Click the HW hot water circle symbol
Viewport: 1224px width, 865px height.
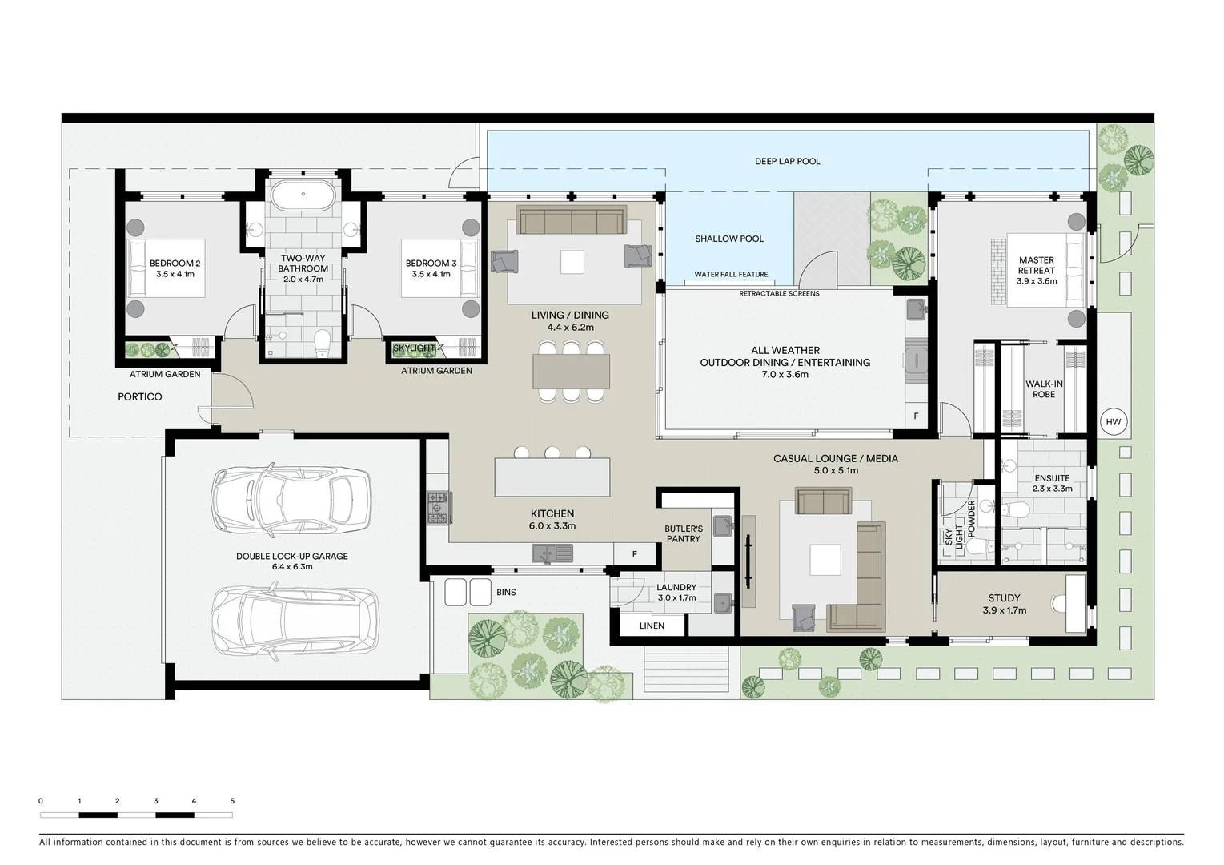point(1113,422)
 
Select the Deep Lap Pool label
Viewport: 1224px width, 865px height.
point(787,161)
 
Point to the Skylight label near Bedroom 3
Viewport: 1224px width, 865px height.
point(414,348)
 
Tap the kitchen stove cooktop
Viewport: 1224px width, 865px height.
point(438,508)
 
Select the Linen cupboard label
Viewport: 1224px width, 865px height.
point(652,626)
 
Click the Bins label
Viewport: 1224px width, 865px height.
point(506,593)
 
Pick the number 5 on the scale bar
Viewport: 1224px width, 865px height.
point(232,800)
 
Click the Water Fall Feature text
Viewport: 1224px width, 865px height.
point(731,275)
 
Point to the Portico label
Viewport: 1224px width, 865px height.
point(140,396)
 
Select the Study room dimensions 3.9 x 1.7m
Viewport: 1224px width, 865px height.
point(1004,610)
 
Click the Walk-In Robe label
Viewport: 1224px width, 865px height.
point(1043,389)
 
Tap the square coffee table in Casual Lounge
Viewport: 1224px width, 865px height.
point(825,559)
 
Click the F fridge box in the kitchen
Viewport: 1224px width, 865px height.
point(634,553)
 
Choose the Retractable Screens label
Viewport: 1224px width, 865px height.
point(779,293)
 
